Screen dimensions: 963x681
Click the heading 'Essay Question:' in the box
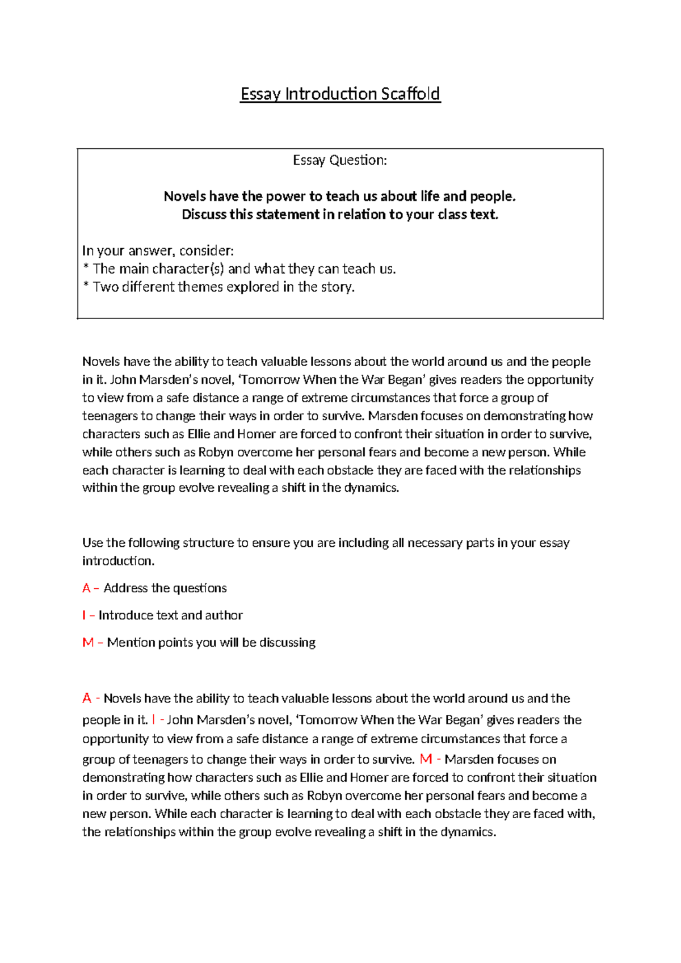(340, 161)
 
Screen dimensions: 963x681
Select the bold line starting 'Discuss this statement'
(340, 215)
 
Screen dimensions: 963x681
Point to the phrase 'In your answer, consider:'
(158, 250)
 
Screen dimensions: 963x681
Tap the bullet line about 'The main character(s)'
(239, 269)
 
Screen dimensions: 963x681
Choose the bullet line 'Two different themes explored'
(218, 287)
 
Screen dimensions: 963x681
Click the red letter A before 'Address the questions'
(86, 588)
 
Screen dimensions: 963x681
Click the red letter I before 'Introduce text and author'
(84, 616)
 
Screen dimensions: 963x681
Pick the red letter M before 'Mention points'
(87, 643)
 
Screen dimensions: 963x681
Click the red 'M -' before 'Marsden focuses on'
(430, 759)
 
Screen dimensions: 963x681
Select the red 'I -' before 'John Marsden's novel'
(157, 720)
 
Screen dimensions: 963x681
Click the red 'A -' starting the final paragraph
(90, 698)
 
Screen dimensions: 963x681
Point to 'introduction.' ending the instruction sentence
(118, 561)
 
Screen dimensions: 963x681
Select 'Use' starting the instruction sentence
(93, 543)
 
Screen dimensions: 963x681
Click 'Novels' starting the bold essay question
(184, 196)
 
